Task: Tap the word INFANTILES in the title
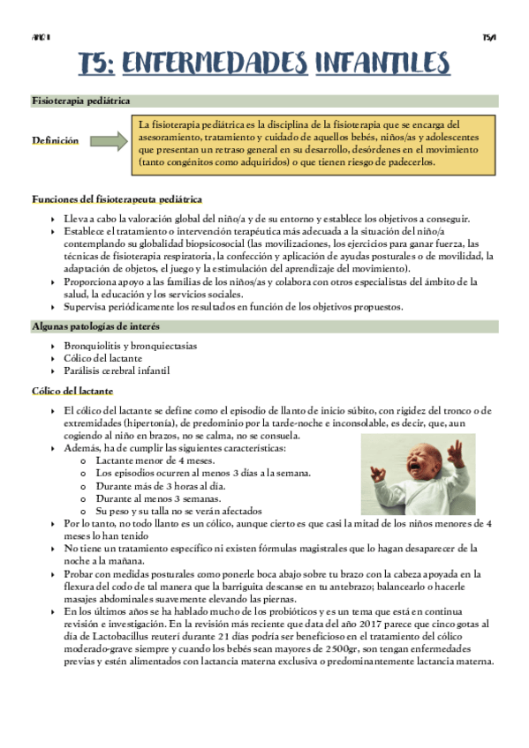382,63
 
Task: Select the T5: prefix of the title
94,63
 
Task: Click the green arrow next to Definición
109,141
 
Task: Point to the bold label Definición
55,141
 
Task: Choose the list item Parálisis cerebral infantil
116,370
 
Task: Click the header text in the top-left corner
40,37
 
